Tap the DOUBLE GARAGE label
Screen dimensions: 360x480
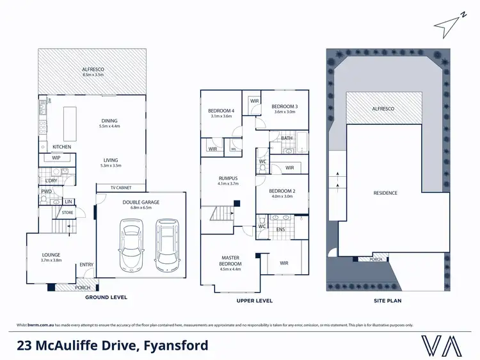tap(141, 202)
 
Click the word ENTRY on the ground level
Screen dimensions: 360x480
tap(86, 265)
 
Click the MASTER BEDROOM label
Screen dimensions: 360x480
tap(230, 261)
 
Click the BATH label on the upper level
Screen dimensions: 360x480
tap(287, 137)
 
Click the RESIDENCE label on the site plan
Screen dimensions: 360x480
tap(385, 193)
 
